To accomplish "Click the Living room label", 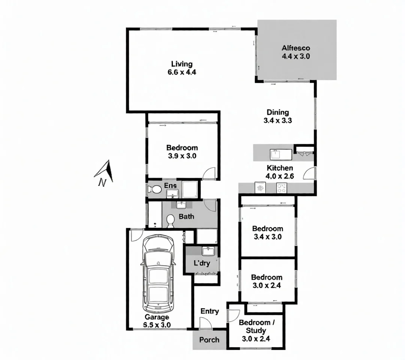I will pyautogui.click(x=182, y=64).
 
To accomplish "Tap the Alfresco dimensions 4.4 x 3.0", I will pyautogui.click(x=296, y=57).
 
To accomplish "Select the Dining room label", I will pyautogui.click(x=278, y=112).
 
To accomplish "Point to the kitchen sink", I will pyautogui.click(x=276, y=154).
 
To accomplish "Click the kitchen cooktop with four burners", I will pyautogui.click(x=282, y=187).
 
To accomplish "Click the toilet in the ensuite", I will pyautogui.click(x=154, y=189).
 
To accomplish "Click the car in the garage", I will pyautogui.click(x=158, y=274).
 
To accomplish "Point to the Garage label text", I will pyautogui.click(x=157, y=317).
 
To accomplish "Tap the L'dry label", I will pyautogui.click(x=202, y=263).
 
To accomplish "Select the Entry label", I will pyautogui.click(x=210, y=311).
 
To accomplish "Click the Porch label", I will pyautogui.click(x=209, y=340).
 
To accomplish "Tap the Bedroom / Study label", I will pyautogui.click(x=254, y=326).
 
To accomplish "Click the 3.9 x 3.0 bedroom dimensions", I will pyautogui.click(x=182, y=156).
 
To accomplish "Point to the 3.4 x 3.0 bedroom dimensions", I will pyautogui.click(x=267, y=237).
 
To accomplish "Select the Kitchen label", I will pyautogui.click(x=280, y=168).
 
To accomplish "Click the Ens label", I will pyautogui.click(x=170, y=186).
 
